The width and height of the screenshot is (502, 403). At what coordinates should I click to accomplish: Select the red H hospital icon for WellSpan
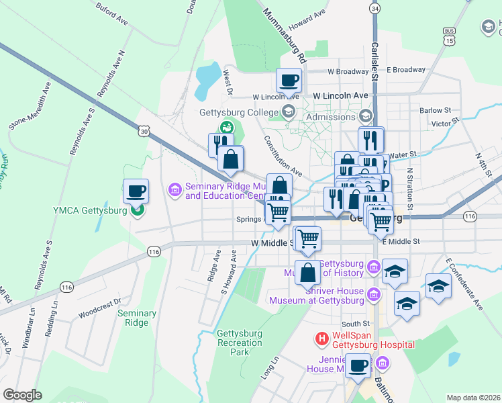click(322, 339)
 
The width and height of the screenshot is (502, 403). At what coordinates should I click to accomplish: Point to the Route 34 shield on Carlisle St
click(374, 8)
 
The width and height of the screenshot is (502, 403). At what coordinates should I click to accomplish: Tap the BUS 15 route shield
click(449, 36)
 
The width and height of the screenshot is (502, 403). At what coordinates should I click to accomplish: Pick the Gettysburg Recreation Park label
click(239, 343)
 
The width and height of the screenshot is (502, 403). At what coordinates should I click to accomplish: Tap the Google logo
click(23, 394)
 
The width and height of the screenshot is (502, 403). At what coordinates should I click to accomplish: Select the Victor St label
click(444, 124)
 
